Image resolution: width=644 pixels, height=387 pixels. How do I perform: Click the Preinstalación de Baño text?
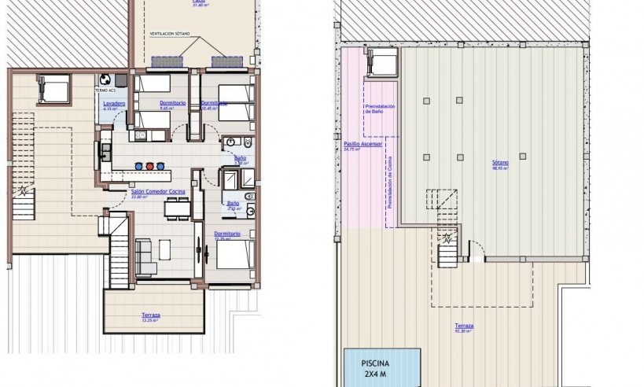pyautogui.click(x=379, y=109)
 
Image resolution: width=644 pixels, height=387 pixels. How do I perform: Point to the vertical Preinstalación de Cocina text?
pyautogui.click(x=390, y=181)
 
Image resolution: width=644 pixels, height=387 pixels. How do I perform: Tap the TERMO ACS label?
pyautogui.click(x=105, y=90)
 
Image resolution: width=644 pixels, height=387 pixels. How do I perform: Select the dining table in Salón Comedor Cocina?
pyautogui.click(x=175, y=208)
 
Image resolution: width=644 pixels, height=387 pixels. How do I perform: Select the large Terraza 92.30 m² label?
pyautogui.click(x=464, y=328)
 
